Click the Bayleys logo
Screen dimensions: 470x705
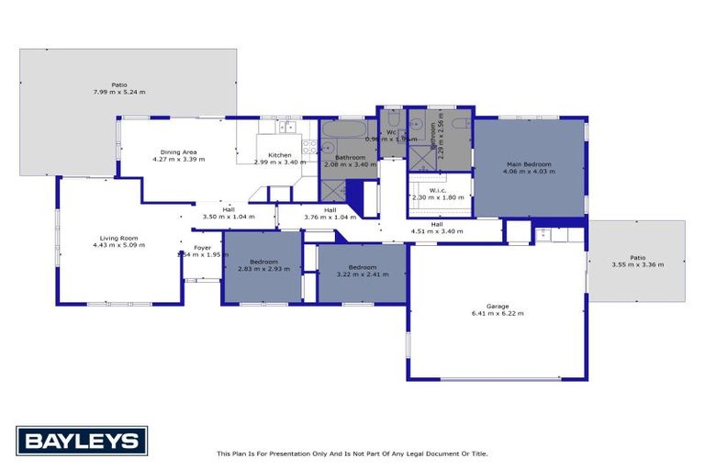pos(82,441)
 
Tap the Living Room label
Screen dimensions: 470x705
pos(119,239)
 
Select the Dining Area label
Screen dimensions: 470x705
pos(178,151)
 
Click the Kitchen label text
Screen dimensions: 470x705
pos(279,155)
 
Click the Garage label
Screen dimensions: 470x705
pos(498,306)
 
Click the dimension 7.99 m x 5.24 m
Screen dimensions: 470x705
pos(119,93)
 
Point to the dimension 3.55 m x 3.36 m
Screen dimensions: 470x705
pos(637,264)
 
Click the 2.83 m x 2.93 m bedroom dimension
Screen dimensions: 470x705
pos(263,269)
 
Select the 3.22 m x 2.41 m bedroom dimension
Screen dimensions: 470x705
pos(362,274)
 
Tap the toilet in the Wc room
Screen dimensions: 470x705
pos(392,121)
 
